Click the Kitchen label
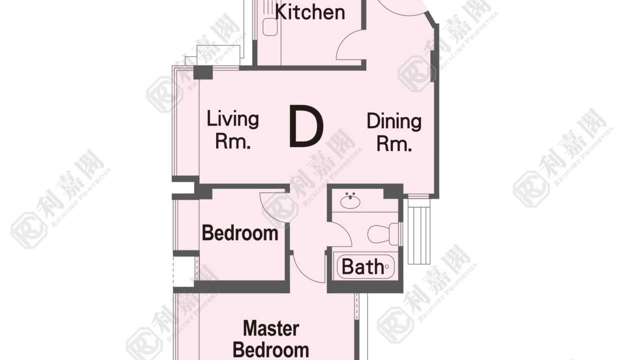pyautogui.click(x=310, y=12)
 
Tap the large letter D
pyautogui.click(x=306, y=126)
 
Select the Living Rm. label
pyautogui.click(x=233, y=129)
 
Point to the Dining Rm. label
pyautogui.click(x=394, y=132)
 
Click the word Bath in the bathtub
pyautogui.click(x=362, y=266)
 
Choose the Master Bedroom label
pyautogui.click(x=270, y=339)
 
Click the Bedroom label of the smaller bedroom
pyautogui.click(x=240, y=233)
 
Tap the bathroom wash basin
pyautogui.click(x=350, y=201)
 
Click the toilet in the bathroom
pyautogui.click(x=383, y=234)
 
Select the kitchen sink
pyautogui.click(x=270, y=27)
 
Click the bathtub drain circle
pyautogui.click(x=386, y=266)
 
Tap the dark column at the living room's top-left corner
pyautogui.click(x=203, y=72)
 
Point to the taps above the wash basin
pyautogui.click(x=350, y=194)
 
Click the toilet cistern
pyautogui.click(x=394, y=234)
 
